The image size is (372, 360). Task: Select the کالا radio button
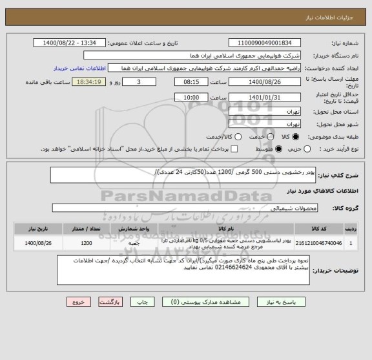click(x=296, y=137)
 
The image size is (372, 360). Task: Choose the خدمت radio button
click(x=265, y=137)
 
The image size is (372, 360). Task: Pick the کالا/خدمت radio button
click(x=238, y=137)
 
